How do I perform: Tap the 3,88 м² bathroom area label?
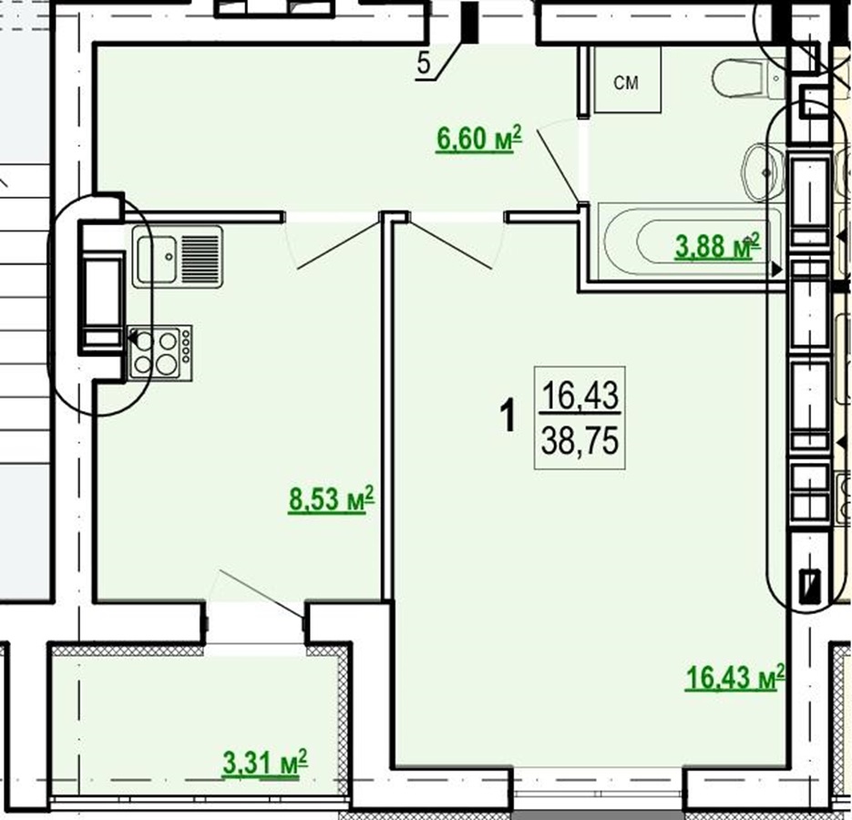[x=717, y=246]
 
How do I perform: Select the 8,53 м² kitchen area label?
[x=331, y=499]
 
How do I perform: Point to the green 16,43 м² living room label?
[x=734, y=677]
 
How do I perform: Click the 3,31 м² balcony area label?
[x=265, y=764]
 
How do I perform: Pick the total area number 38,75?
[x=580, y=441]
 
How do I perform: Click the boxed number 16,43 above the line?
[x=580, y=395]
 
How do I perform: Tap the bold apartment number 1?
[x=508, y=415]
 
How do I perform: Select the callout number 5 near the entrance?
[x=424, y=64]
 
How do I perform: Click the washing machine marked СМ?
[x=628, y=79]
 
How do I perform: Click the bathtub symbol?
[x=691, y=242]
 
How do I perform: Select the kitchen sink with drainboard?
[x=177, y=257]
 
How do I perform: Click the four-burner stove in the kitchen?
[x=160, y=353]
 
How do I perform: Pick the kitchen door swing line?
[x=338, y=244]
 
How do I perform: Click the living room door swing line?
[x=450, y=244]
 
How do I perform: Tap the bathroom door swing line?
[x=558, y=165]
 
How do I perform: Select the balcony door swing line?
[x=262, y=594]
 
